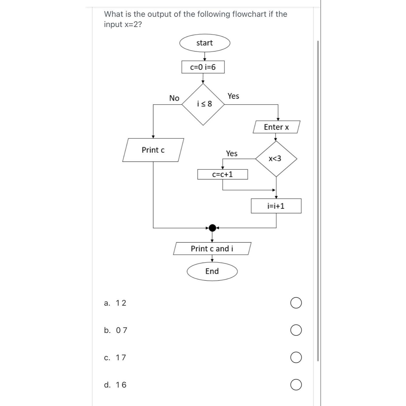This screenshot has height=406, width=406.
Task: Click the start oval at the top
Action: click(204, 43)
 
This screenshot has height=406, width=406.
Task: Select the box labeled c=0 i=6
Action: click(203, 67)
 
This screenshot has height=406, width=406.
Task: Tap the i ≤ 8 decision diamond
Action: click(203, 104)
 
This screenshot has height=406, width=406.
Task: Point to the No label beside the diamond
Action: click(174, 98)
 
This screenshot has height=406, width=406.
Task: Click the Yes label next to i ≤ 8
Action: click(233, 96)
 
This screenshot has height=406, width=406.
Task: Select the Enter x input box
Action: click(276, 127)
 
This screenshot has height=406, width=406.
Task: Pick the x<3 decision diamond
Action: click(276, 159)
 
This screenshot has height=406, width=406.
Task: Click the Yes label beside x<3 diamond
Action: click(231, 154)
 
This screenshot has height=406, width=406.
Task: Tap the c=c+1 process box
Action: click(222, 174)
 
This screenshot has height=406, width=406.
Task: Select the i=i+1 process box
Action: click(276, 206)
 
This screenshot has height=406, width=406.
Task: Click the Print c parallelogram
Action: click(153, 150)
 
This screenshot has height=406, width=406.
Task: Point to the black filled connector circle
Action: click(212, 228)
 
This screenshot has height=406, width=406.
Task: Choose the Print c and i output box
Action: click(212, 249)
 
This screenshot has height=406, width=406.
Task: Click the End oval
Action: click(212, 271)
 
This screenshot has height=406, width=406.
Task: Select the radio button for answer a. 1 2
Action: click(296, 303)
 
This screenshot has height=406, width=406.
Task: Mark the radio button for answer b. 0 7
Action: click(296, 330)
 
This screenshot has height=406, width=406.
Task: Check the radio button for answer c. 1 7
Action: click(296, 357)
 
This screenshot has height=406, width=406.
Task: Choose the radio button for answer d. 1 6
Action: click(296, 385)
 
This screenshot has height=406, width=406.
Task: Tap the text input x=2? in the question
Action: click(123, 24)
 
